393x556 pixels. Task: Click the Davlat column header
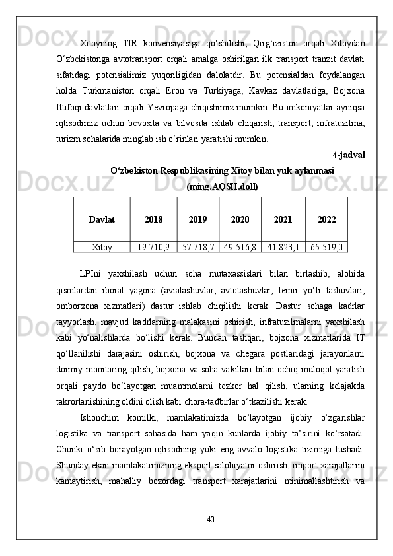coord(101,219)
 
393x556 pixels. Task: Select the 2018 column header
coord(153,219)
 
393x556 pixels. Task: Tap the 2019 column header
coord(197,219)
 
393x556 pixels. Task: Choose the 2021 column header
coord(283,219)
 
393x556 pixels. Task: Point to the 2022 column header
coord(326,219)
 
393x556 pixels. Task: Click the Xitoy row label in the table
coord(101,248)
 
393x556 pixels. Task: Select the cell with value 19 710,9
coord(153,248)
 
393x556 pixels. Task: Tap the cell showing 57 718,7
coord(197,248)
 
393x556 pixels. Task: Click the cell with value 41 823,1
coord(283,248)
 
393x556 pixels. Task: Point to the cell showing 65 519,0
coord(326,248)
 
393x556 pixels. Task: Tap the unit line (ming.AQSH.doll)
coord(223,187)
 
